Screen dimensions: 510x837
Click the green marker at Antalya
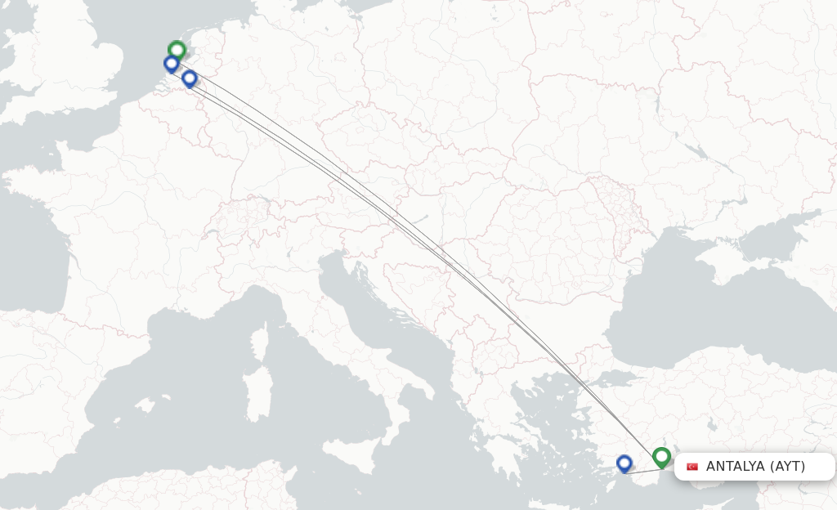[661, 457]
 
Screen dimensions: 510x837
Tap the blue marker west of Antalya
[624, 463]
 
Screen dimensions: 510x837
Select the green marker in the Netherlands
[177, 51]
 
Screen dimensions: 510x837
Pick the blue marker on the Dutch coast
[172, 64]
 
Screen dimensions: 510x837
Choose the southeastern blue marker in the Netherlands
[190, 78]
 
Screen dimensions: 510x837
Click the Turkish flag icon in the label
[692, 467]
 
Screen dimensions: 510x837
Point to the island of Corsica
[261, 339]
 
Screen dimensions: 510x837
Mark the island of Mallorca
[146, 405]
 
